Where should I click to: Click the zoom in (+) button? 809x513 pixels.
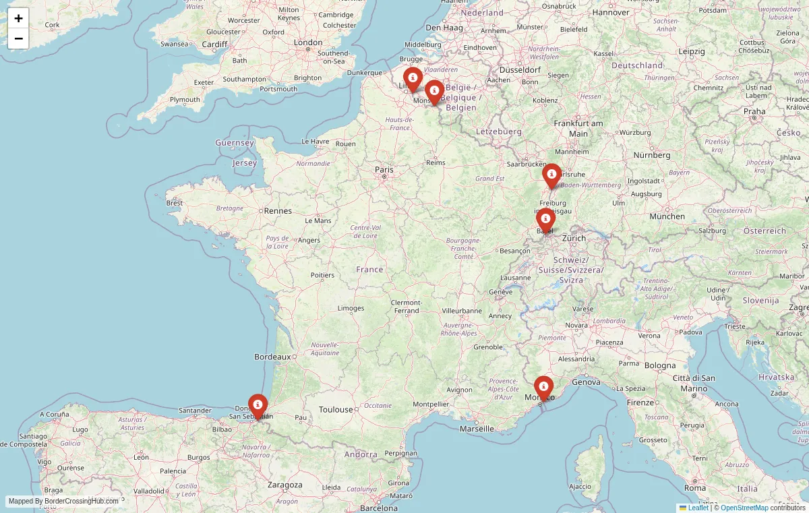click(x=18, y=18)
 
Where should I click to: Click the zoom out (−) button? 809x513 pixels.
click(x=18, y=38)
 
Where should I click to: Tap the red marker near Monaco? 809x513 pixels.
click(x=543, y=386)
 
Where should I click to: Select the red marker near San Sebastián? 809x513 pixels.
click(x=258, y=404)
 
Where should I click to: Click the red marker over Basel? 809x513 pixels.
click(x=545, y=219)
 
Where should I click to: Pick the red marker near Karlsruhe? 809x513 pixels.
click(x=551, y=174)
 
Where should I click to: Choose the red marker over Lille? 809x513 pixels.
click(x=413, y=78)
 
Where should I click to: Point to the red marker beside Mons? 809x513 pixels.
click(x=434, y=90)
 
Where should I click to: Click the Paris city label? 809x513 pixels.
click(x=384, y=170)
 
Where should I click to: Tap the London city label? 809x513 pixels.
click(x=308, y=42)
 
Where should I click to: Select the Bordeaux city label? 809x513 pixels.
click(x=272, y=357)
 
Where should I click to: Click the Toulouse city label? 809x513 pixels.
click(x=336, y=409)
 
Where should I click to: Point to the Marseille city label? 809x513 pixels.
click(x=477, y=429)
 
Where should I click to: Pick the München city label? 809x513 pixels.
click(x=667, y=216)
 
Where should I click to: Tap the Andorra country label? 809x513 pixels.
click(x=361, y=454)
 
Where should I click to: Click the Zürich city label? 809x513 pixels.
click(x=574, y=238)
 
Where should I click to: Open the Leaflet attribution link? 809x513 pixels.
click(x=698, y=508)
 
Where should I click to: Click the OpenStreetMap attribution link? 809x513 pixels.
click(x=744, y=508)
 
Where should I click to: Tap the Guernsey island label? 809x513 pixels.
click(x=235, y=143)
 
